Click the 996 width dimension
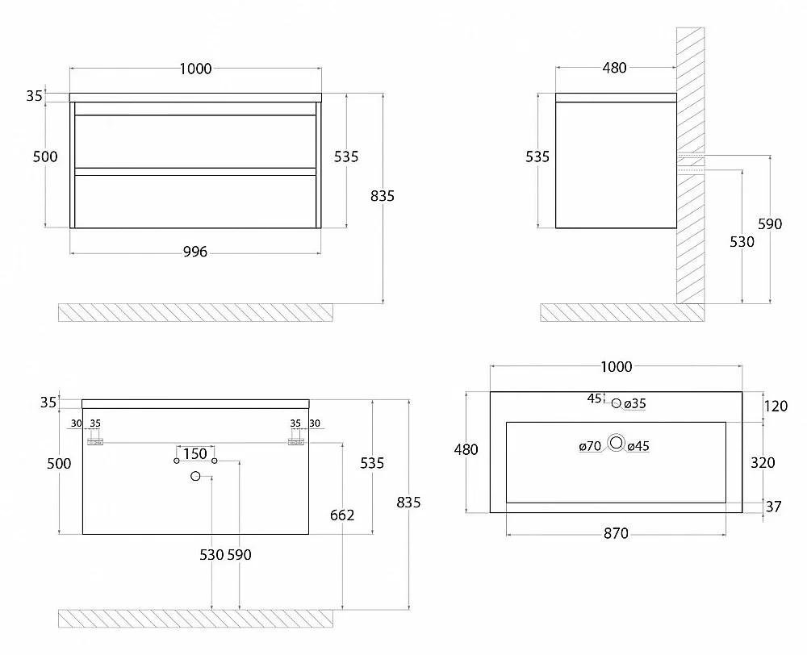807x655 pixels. [195, 252]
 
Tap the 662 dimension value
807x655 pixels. [342, 515]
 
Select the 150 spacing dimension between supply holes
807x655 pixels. [195, 454]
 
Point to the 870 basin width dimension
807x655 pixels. [616, 533]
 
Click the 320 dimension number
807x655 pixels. [763, 462]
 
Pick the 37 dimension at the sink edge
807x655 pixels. [774, 507]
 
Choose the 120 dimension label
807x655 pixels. [776, 406]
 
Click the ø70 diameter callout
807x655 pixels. [591, 446]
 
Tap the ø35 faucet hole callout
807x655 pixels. [635, 404]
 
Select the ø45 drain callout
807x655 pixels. [638, 446]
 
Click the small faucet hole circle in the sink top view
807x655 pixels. [617, 403]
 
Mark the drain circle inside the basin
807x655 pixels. [616, 443]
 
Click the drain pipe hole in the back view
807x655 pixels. [195, 476]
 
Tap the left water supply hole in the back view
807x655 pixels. [177, 461]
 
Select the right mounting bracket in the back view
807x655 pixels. [296, 441]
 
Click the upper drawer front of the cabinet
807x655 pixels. [195, 141]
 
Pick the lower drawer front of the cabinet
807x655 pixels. [195, 201]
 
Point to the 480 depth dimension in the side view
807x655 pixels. [614, 68]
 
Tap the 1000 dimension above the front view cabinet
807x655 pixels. [195, 69]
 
